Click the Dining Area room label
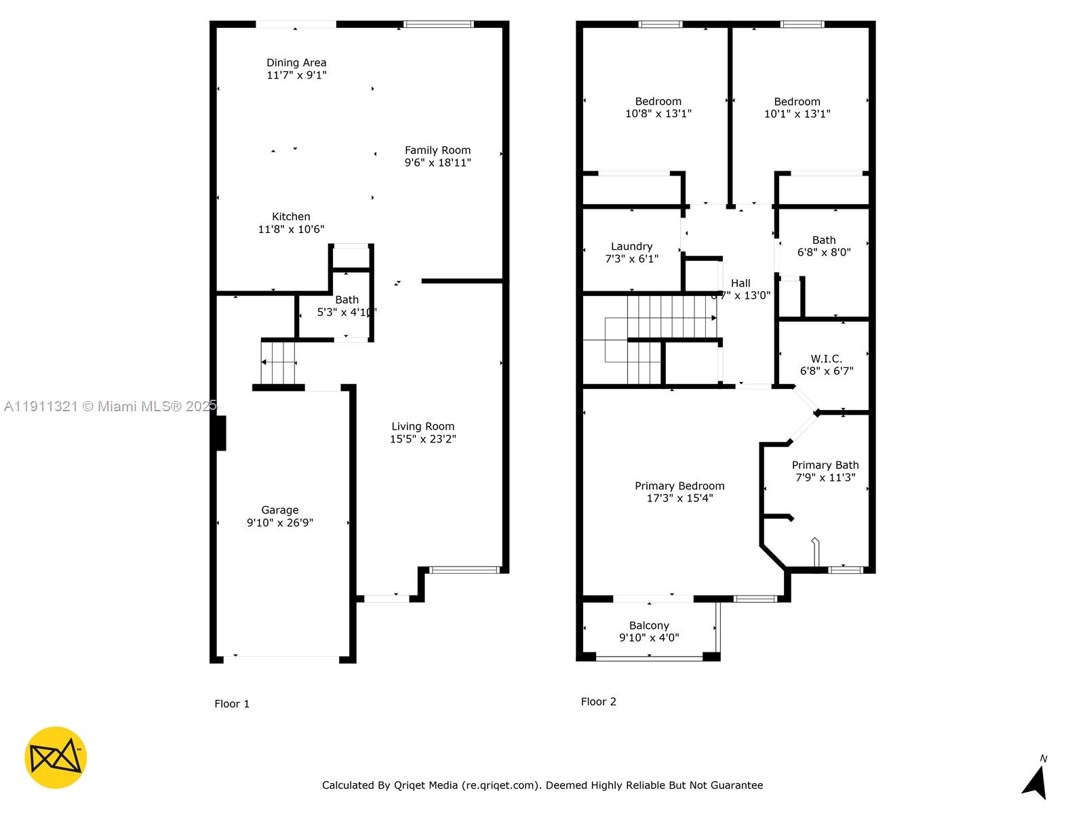pyautogui.click(x=296, y=63)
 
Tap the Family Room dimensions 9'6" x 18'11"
pyautogui.click(x=437, y=163)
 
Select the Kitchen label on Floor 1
pyautogui.click(x=291, y=217)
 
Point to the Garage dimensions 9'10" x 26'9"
pyautogui.click(x=279, y=522)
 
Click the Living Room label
pyautogui.click(x=422, y=426)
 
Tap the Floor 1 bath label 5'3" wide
pyautogui.click(x=347, y=300)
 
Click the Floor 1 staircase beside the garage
pyautogui.click(x=279, y=362)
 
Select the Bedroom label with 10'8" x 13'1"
pyautogui.click(x=658, y=102)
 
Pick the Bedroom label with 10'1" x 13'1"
pyautogui.click(x=797, y=102)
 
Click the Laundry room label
pyautogui.click(x=631, y=247)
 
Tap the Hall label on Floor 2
pyautogui.click(x=741, y=283)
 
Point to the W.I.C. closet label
pyautogui.click(x=826, y=358)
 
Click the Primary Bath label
pyautogui.click(x=825, y=465)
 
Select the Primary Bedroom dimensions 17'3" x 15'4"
pyautogui.click(x=679, y=498)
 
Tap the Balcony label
pyautogui.click(x=649, y=625)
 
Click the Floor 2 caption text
pyautogui.click(x=598, y=701)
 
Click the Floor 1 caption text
pyautogui.click(x=232, y=703)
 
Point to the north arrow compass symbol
pyautogui.click(x=1035, y=780)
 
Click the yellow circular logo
pyautogui.click(x=56, y=757)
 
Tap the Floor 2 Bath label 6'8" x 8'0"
pyautogui.click(x=823, y=240)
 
